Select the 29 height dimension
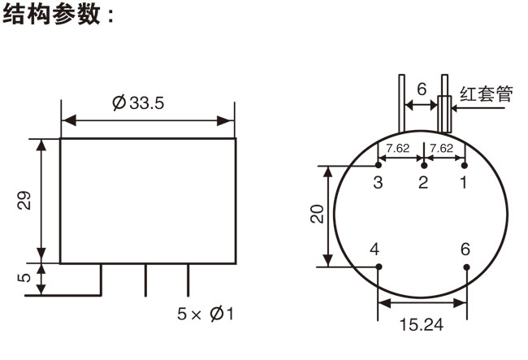(x=25, y=201)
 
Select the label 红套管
(x=487, y=93)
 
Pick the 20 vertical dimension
(x=318, y=215)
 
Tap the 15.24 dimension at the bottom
(x=422, y=323)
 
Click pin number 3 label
(x=378, y=182)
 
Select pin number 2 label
(x=422, y=182)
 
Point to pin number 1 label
(x=464, y=182)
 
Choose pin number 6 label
(x=465, y=249)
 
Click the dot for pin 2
(x=422, y=166)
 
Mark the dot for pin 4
(x=379, y=266)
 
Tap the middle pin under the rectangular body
(x=145, y=280)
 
